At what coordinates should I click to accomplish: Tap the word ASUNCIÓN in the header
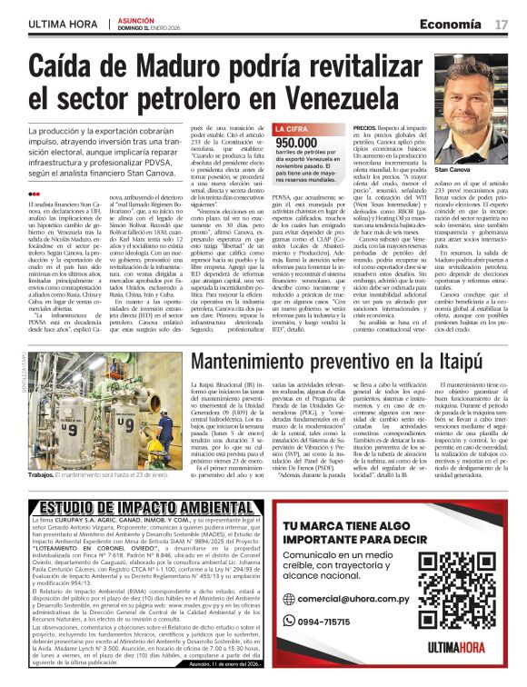pyautogui.click(x=134, y=19)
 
